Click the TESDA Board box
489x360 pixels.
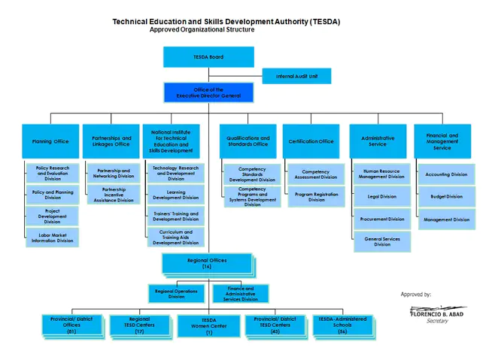(x=208, y=57)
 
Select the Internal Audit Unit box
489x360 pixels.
(x=296, y=76)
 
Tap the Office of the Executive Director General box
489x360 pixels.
(x=208, y=92)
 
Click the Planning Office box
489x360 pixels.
(x=50, y=141)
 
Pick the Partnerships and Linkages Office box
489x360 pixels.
(x=111, y=141)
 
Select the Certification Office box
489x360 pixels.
(x=311, y=141)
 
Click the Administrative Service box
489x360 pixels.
(x=378, y=141)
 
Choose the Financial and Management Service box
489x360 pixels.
(x=442, y=141)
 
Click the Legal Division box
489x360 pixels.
(x=382, y=196)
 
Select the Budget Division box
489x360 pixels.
(x=446, y=196)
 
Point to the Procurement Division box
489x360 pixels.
(x=382, y=219)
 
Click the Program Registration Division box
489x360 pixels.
(x=315, y=197)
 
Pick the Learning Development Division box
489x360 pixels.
(x=175, y=195)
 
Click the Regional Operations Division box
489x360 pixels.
(x=175, y=294)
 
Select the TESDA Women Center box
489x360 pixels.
(x=208, y=325)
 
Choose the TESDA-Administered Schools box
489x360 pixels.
(x=342, y=325)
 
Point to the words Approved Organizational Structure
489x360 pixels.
(x=202, y=30)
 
